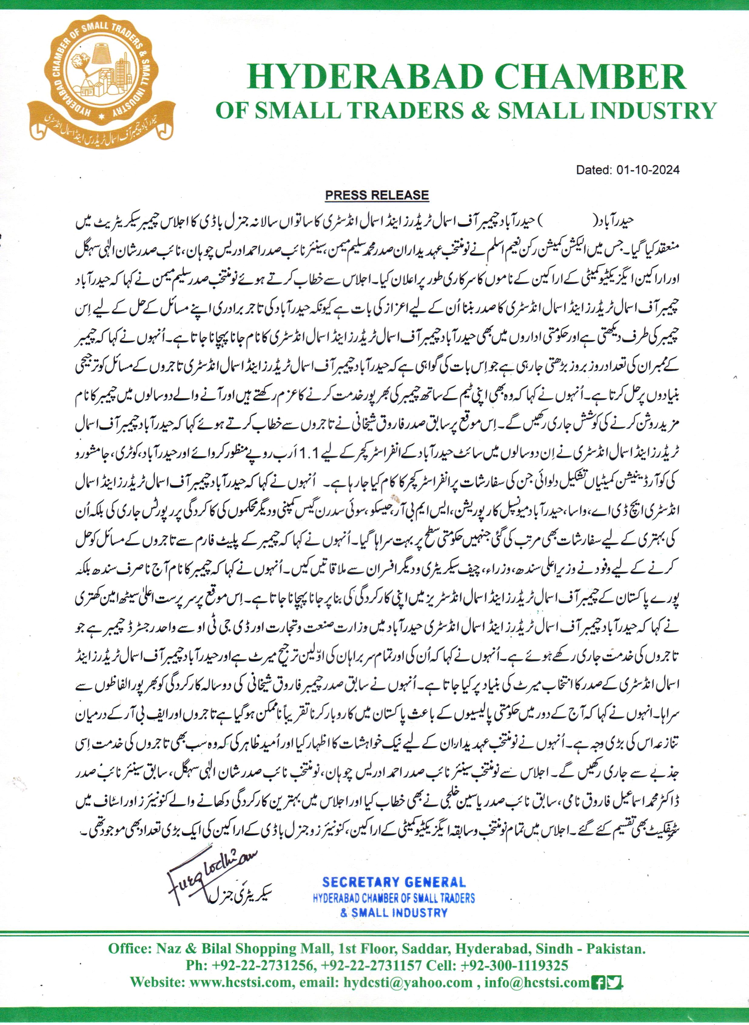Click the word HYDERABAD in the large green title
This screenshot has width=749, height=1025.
coord(361,77)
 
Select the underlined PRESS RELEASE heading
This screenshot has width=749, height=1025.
coord(377,195)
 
